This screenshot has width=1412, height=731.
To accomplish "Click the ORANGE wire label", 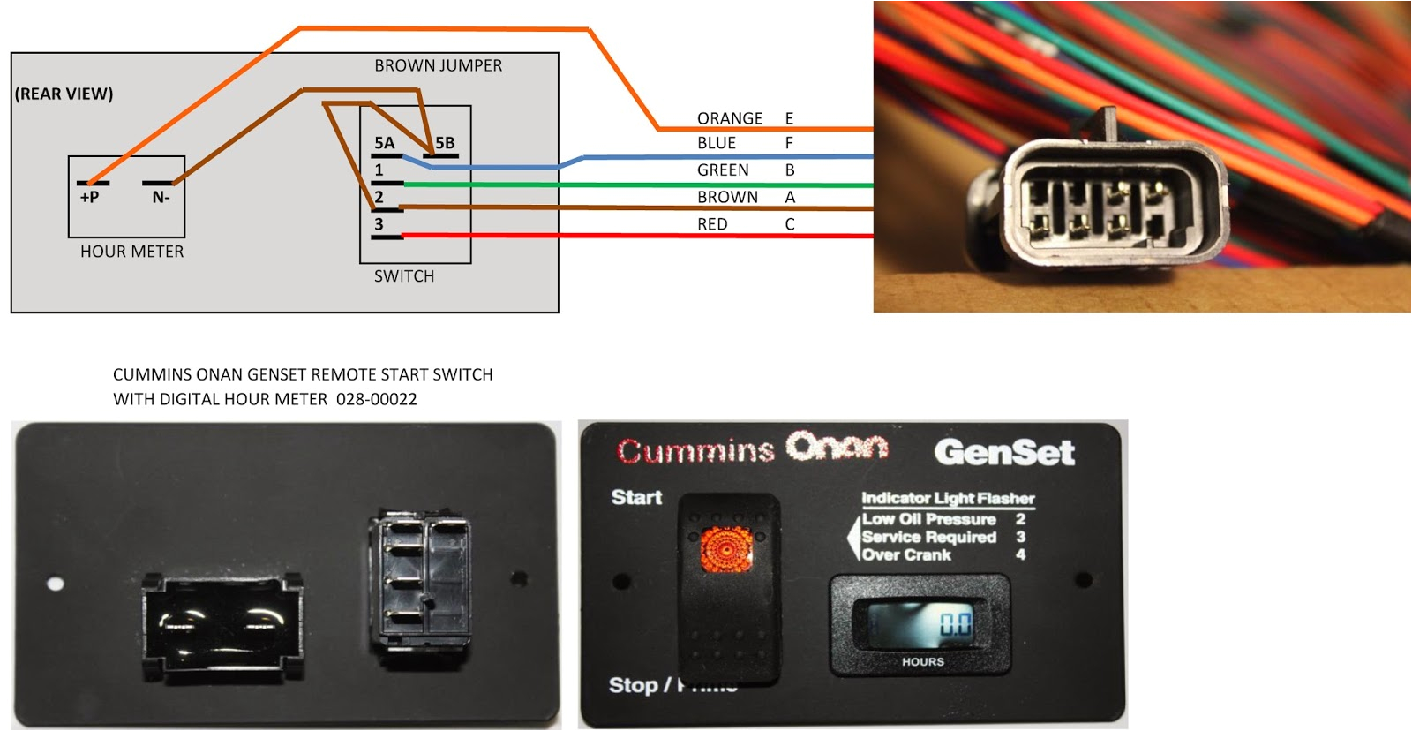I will (729, 118).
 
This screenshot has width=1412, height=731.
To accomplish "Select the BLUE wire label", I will (716, 143).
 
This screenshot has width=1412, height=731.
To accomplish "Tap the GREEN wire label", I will (723, 170).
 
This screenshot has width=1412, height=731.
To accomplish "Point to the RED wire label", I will (712, 224).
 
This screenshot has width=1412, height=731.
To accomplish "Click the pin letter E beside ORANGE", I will (789, 118).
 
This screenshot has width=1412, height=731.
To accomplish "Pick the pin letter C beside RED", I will (790, 224).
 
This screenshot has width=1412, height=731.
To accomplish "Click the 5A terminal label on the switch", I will (384, 143).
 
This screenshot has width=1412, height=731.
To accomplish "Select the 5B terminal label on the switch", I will (445, 143).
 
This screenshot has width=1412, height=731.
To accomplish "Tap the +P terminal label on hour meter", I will (89, 198).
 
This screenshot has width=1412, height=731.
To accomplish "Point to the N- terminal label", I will (161, 198).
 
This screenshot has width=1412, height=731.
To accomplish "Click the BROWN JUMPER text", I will (438, 66).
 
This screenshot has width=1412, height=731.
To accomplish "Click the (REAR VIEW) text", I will (64, 94).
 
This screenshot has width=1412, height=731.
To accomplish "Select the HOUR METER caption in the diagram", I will (131, 252).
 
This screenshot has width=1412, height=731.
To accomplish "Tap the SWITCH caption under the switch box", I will (404, 276).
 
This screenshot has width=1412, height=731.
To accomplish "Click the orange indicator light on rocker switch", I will (726, 547).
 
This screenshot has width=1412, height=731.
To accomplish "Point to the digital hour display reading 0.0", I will (955, 624).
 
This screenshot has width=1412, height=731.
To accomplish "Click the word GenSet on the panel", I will (1003, 453).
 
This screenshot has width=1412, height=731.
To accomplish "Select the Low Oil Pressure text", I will (928, 519).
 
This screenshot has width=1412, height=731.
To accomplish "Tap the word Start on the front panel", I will (636, 498).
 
